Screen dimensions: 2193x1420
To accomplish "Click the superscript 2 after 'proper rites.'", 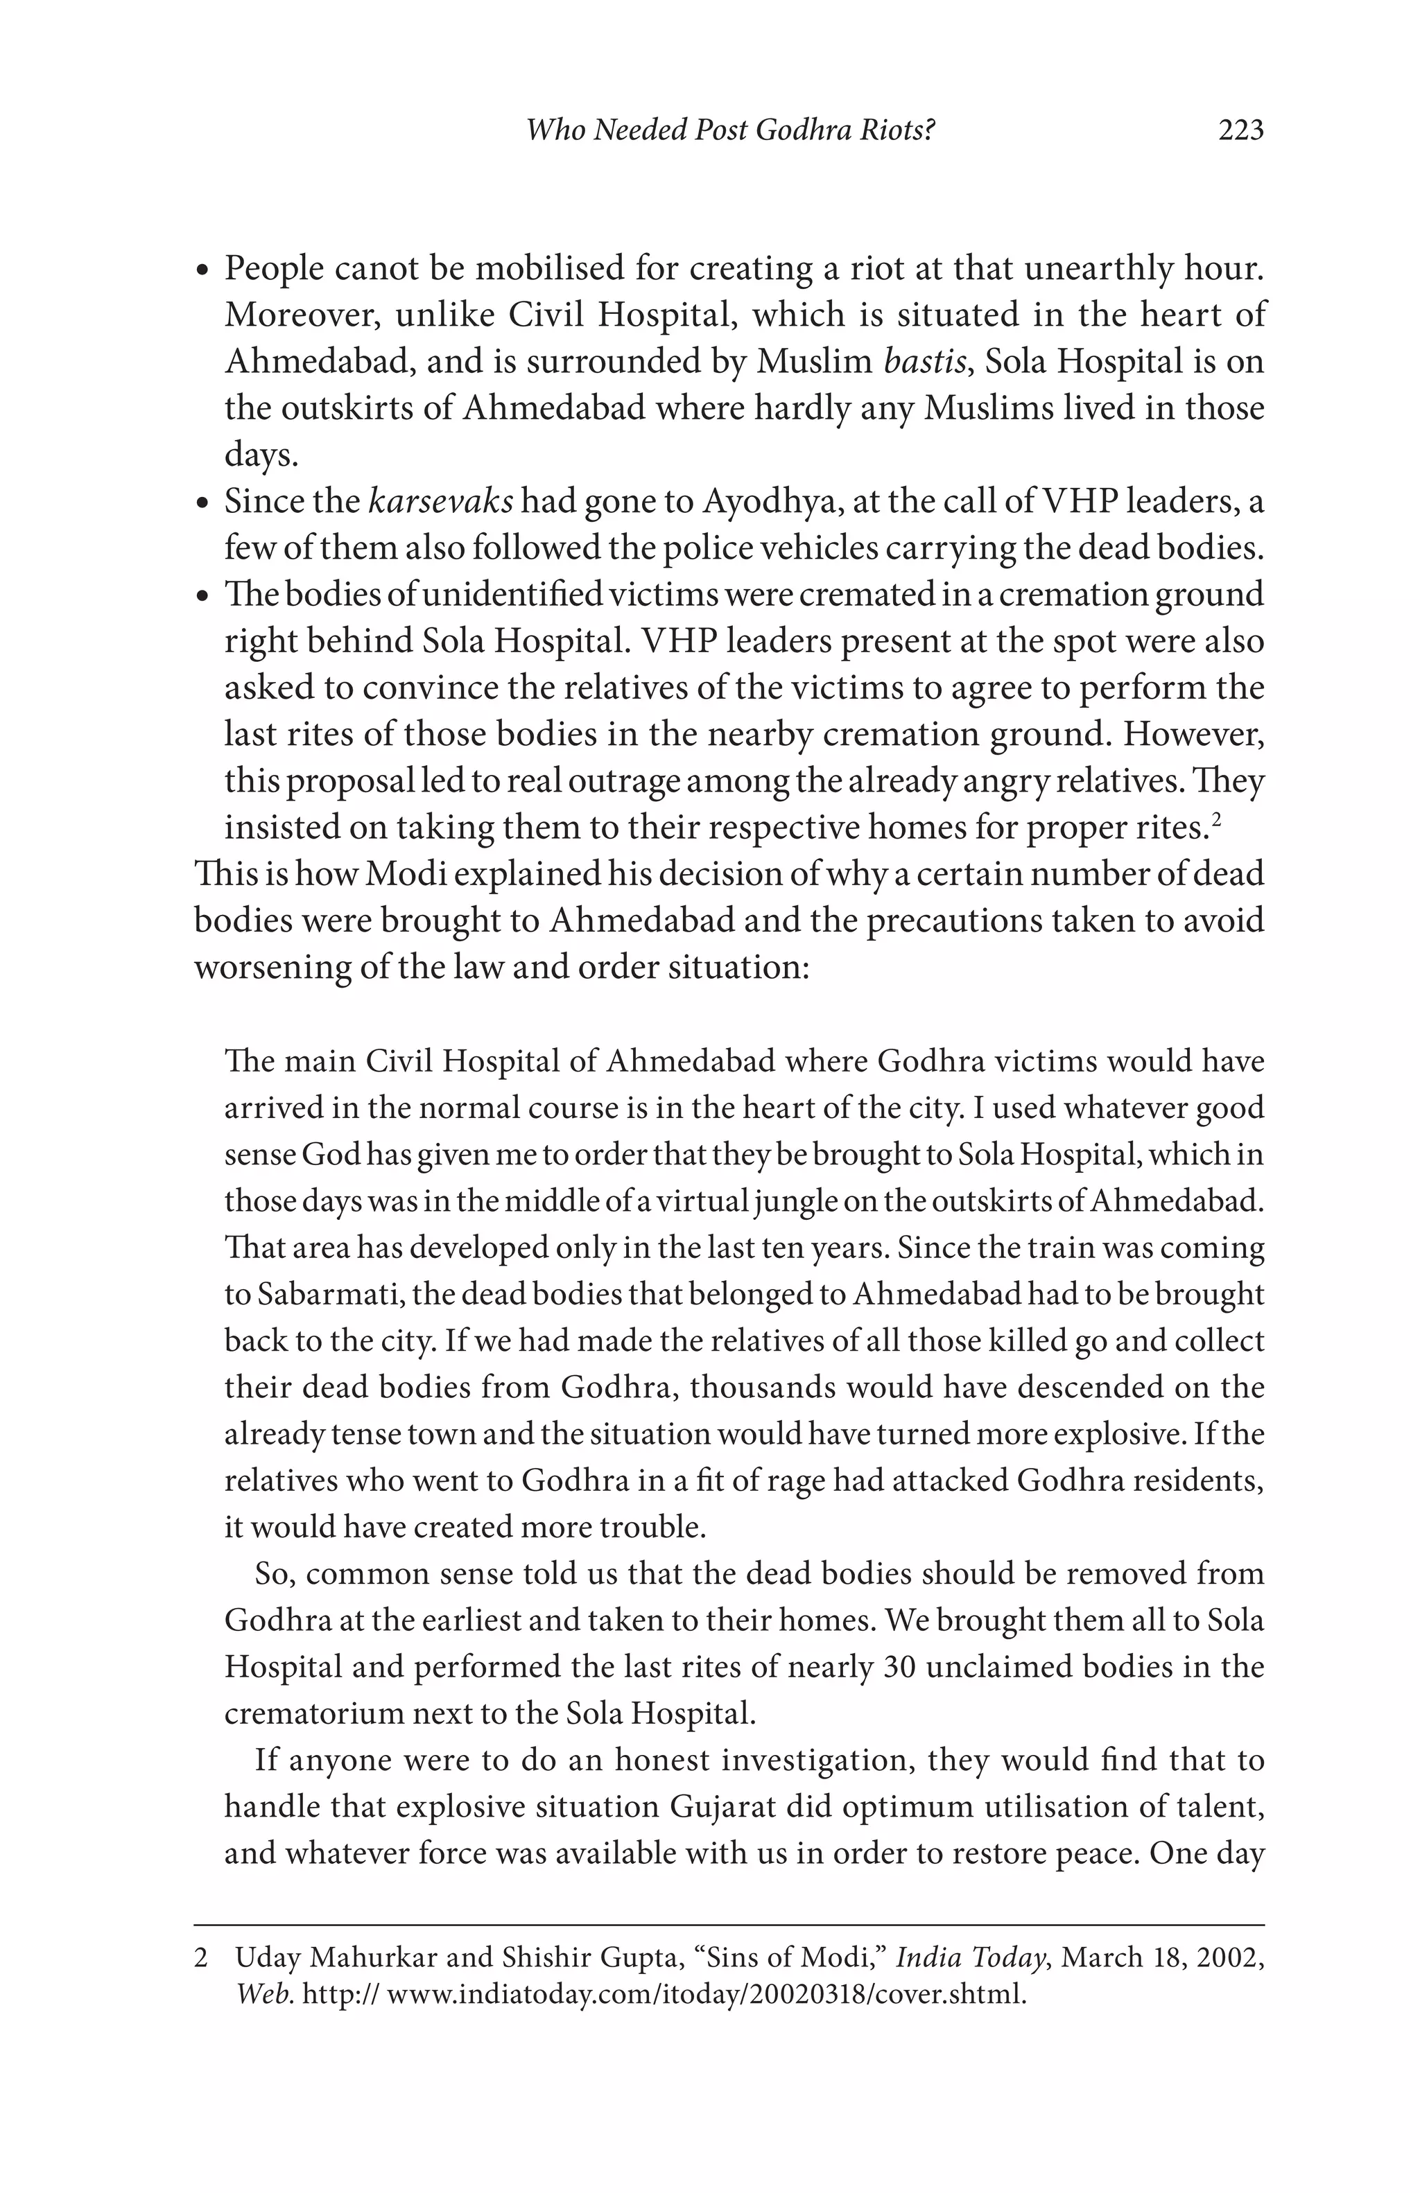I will (x=1215, y=817).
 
